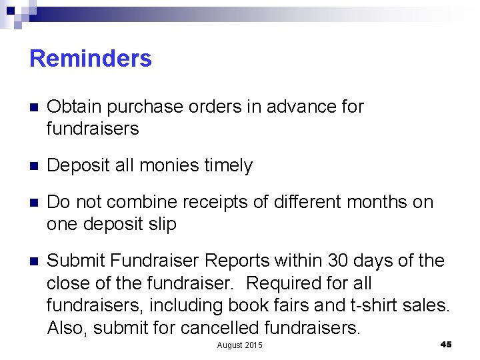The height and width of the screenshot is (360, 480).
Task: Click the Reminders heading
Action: pos(91,59)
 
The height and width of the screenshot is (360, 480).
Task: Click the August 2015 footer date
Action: pos(240,345)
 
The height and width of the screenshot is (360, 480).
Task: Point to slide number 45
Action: pos(446,344)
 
